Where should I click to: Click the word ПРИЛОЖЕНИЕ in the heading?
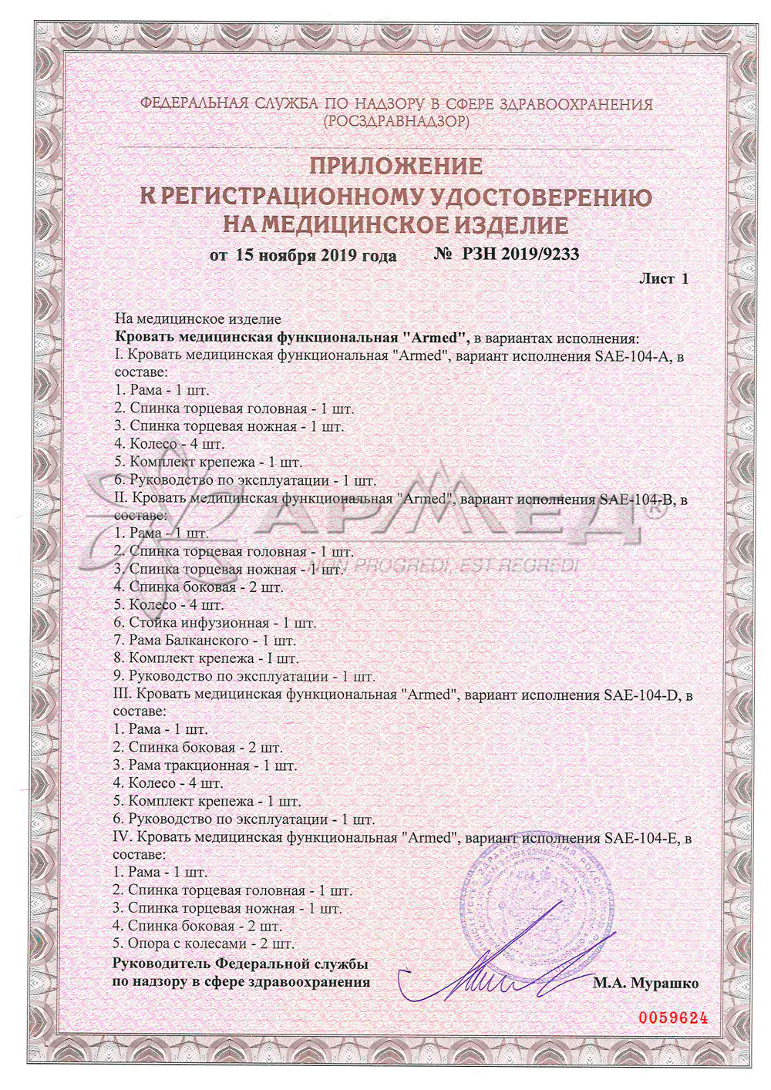pos(396,167)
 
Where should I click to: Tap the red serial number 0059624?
pos(672,1018)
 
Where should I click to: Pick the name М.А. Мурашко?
pos(645,984)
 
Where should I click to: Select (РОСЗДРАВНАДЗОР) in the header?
pos(396,122)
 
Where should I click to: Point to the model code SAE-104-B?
pos(637,499)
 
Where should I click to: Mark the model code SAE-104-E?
pos(641,837)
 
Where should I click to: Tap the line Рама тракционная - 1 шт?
pos(205,765)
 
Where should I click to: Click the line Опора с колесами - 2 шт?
pos(204,944)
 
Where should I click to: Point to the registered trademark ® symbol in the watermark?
pos(654,509)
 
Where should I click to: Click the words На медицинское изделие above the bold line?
pos(198,319)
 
